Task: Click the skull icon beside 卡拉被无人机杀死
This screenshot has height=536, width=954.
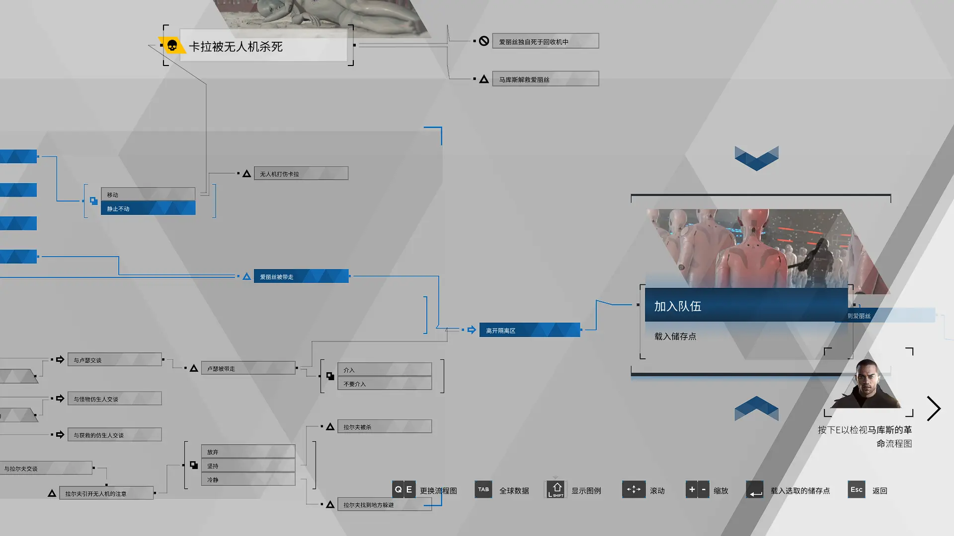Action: pyautogui.click(x=172, y=46)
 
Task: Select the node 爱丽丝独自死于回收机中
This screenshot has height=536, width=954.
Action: pyautogui.click(x=545, y=41)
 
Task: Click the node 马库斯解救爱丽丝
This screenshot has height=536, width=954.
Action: pyautogui.click(x=545, y=79)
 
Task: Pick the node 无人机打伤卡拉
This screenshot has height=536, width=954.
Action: pyautogui.click(x=301, y=174)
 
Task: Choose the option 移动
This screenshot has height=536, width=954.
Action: pyautogui.click(x=148, y=195)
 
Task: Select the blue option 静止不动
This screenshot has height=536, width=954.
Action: pyautogui.click(x=148, y=208)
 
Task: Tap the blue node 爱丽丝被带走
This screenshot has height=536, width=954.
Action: pyautogui.click(x=301, y=276)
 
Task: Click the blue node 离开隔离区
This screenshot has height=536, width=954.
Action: pyautogui.click(x=530, y=330)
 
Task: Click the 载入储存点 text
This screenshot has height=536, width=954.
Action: pyautogui.click(x=675, y=336)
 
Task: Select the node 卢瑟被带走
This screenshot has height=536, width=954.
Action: pyautogui.click(x=248, y=368)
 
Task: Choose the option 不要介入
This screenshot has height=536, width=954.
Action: pyautogui.click(x=385, y=384)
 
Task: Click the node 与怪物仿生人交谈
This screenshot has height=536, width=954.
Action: pyautogui.click(x=114, y=399)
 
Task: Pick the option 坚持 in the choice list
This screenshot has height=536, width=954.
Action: pyautogui.click(x=248, y=466)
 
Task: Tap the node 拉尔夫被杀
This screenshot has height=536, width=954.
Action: pyautogui.click(x=385, y=426)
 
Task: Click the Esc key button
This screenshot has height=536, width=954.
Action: pyautogui.click(x=857, y=490)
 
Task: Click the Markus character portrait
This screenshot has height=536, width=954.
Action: pyautogui.click(x=868, y=384)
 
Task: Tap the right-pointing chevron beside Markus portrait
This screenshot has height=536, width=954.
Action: pyautogui.click(x=934, y=408)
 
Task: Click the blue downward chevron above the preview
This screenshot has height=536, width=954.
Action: pyautogui.click(x=756, y=158)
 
